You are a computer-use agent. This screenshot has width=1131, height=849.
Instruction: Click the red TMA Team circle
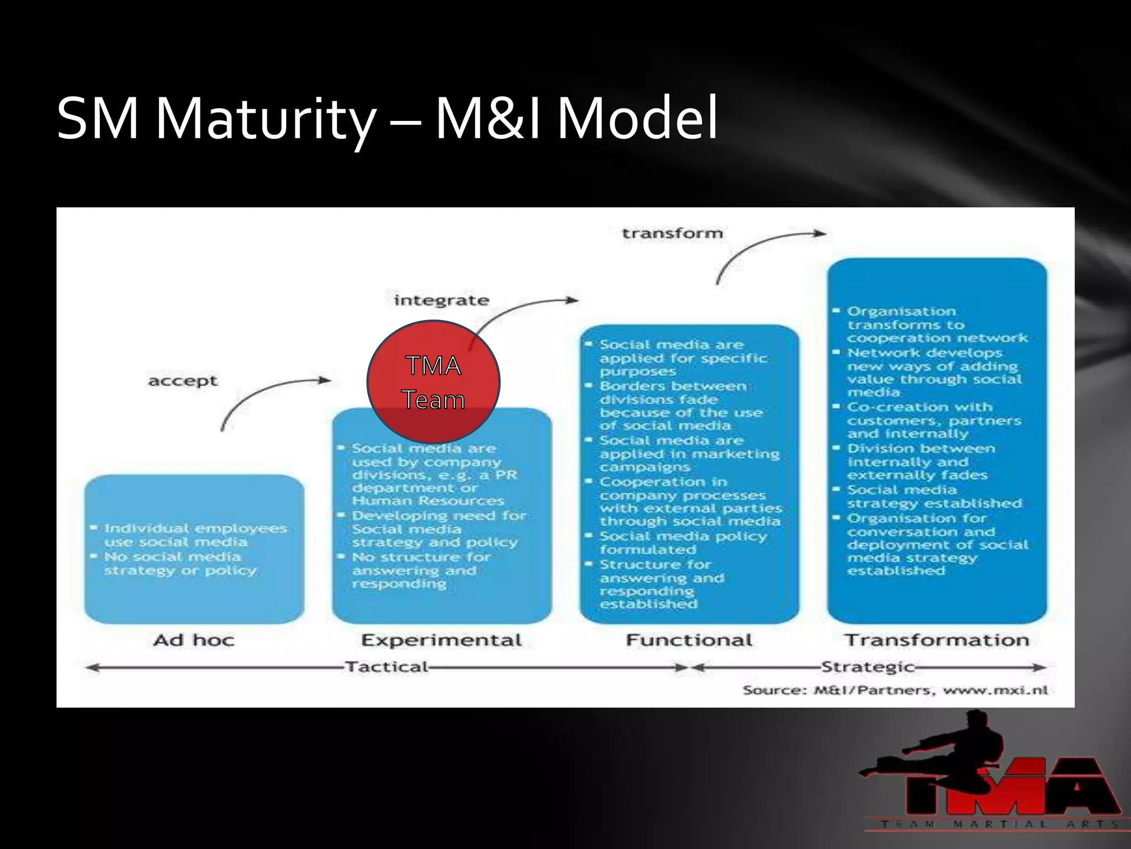tap(434, 382)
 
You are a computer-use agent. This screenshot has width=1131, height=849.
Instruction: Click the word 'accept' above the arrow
tap(183, 381)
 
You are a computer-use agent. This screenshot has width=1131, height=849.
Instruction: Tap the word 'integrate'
tap(441, 301)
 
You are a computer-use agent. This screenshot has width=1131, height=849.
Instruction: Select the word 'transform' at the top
tap(672, 233)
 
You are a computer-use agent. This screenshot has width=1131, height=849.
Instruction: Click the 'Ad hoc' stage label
tap(194, 640)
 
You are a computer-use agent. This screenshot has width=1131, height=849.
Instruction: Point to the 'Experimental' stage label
tap(441, 640)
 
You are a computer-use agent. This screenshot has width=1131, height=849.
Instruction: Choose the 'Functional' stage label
tap(689, 640)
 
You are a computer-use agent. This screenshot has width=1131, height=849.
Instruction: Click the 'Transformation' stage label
tap(937, 640)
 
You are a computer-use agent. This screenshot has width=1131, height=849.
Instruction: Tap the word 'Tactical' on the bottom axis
tap(387, 667)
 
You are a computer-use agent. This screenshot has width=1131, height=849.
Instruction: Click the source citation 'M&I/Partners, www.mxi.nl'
tap(895, 690)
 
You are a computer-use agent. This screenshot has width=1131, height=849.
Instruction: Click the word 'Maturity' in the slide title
tap(265, 119)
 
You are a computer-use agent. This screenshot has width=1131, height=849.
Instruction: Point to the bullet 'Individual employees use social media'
tap(193, 535)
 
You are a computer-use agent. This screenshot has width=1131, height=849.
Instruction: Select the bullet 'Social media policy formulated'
tap(683, 543)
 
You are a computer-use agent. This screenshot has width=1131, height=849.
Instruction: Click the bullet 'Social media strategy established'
tap(933, 496)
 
